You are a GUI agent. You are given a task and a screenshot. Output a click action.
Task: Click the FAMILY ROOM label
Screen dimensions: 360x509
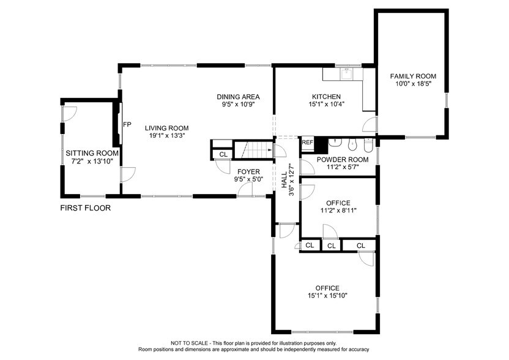coord(413,76)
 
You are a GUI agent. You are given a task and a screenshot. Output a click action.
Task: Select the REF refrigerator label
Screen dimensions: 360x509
coord(307,143)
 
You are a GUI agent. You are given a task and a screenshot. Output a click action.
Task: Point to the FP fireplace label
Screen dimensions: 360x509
coord(127,124)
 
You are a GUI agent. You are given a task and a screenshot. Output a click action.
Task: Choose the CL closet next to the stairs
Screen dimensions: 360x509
coord(223,154)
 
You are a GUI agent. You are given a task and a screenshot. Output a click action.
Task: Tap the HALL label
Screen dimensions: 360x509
coord(284,177)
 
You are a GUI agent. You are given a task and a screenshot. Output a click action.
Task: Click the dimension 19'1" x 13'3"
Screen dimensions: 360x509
coord(165,136)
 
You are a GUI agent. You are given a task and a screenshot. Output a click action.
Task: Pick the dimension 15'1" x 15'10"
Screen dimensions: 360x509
coord(327,296)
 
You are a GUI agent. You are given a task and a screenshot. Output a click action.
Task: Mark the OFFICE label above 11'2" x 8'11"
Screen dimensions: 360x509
coord(338,203)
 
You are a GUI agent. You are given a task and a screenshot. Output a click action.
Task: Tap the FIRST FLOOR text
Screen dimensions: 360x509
coord(85,208)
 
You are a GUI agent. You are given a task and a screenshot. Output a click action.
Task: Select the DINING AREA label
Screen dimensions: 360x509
coord(238,97)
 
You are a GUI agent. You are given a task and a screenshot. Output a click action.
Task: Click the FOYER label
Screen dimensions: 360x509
coord(249,171)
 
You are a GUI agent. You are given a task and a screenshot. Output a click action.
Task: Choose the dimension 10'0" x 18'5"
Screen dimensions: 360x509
coord(413,84)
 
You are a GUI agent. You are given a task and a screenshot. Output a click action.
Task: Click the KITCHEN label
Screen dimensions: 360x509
coord(327,97)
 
